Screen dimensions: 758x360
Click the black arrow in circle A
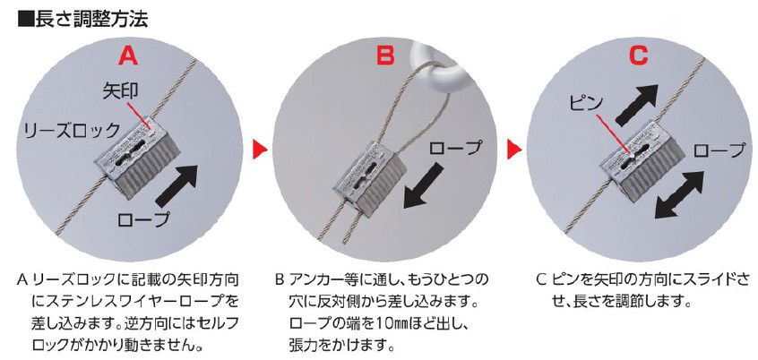click(x=177, y=186)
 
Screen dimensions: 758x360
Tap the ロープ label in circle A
click(x=144, y=220)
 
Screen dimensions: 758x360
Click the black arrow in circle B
click(x=424, y=186)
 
